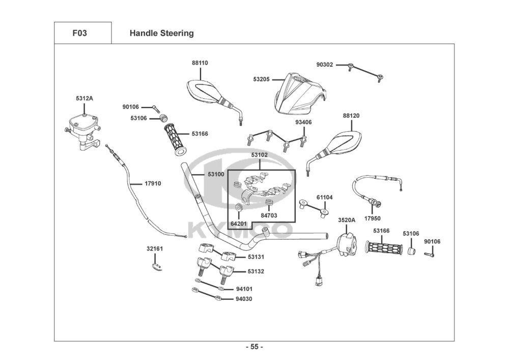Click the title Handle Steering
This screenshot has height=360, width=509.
click(x=161, y=34)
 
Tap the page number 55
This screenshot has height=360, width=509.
click(x=254, y=347)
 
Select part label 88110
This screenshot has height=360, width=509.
click(x=200, y=63)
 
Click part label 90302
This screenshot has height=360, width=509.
click(x=324, y=65)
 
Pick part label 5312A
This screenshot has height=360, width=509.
click(x=84, y=98)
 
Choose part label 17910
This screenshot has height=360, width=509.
click(x=153, y=183)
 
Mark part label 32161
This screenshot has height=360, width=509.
click(x=155, y=249)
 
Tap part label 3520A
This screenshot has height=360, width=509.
click(x=347, y=220)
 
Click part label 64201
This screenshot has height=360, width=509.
click(x=238, y=224)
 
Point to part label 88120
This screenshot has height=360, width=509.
click(x=351, y=116)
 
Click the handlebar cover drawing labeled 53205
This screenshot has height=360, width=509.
click(x=301, y=95)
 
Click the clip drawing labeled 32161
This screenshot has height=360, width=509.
click(x=158, y=266)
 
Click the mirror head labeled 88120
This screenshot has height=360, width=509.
click(x=343, y=141)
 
